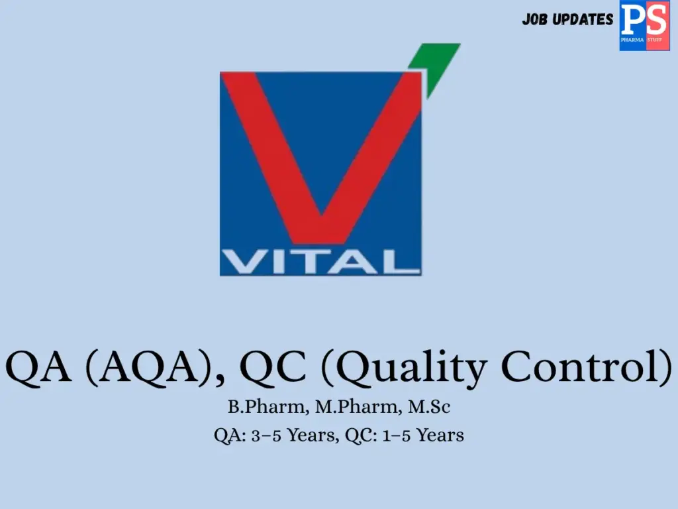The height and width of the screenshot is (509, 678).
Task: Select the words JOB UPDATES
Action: [x=567, y=19]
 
